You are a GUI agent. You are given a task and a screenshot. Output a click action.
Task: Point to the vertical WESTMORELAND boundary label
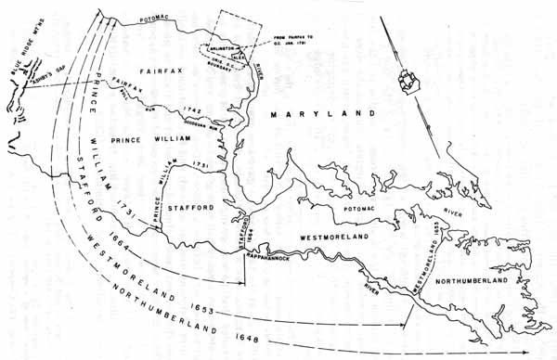426,270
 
